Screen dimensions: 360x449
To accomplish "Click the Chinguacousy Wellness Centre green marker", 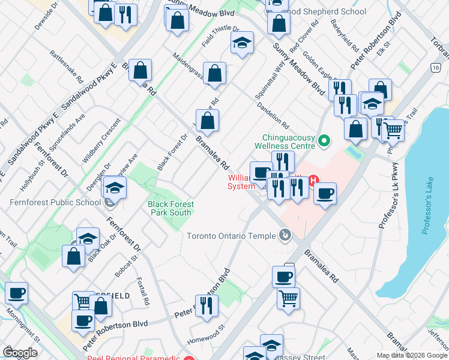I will click(x=324, y=142).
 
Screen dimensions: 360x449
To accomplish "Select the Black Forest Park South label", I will click(x=170, y=208).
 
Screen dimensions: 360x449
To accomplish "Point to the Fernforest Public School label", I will click(x=55, y=202).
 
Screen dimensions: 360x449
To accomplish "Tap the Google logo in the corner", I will click(x=20, y=353).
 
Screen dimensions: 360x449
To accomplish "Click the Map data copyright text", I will click(x=412, y=355).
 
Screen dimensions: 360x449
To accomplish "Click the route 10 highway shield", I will click(x=434, y=68).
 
